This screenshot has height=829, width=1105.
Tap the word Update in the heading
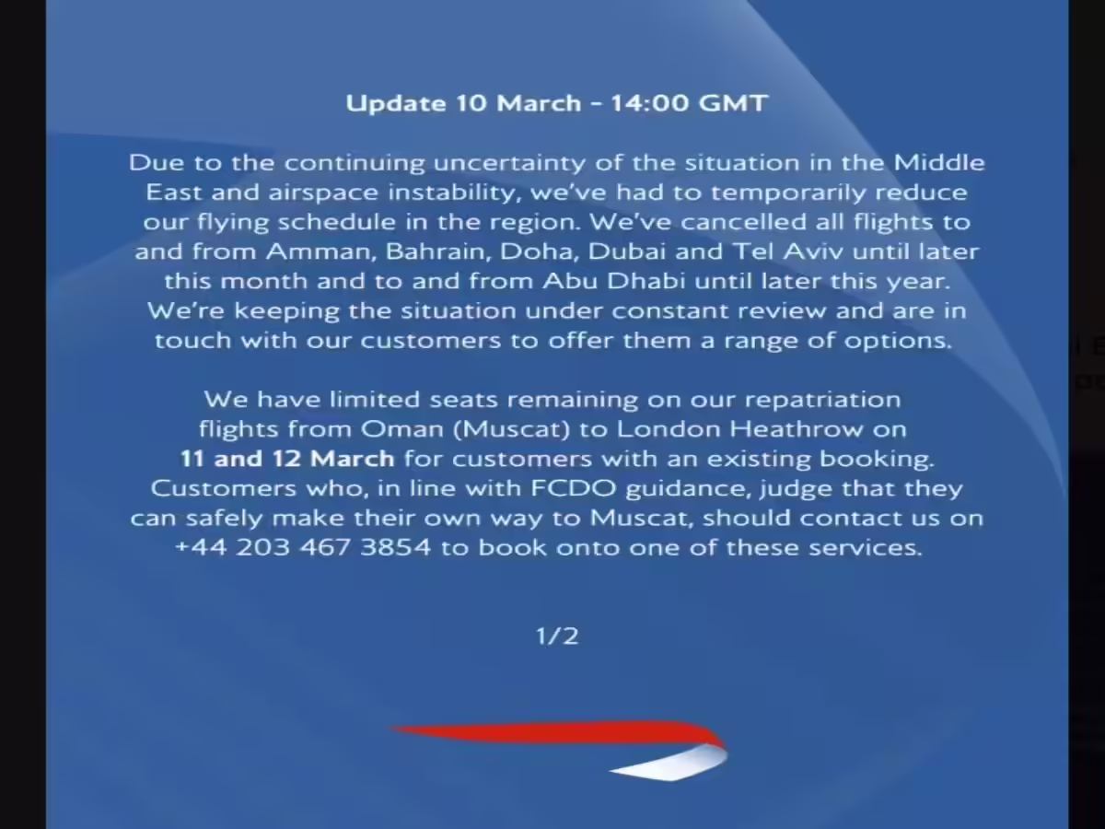pos(396,104)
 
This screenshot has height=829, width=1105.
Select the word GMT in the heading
pos(734,103)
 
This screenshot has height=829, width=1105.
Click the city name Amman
pos(321,251)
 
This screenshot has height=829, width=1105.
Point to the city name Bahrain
pos(438,251)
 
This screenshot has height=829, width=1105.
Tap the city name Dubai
pos(627,251)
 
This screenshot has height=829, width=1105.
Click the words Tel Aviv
pos(787,251)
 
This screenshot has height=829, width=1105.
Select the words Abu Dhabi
pos(613,281)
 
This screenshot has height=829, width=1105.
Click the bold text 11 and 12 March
pos(287,459)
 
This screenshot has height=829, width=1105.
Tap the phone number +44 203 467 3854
pos(303,548)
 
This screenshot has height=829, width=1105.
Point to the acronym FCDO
pos(574,488)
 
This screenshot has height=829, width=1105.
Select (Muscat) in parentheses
pos(511,429)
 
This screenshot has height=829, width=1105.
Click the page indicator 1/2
pos(557,636)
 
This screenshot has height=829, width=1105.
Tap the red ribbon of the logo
pos(556,732)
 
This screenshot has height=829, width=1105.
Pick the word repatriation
pos(822,400)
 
